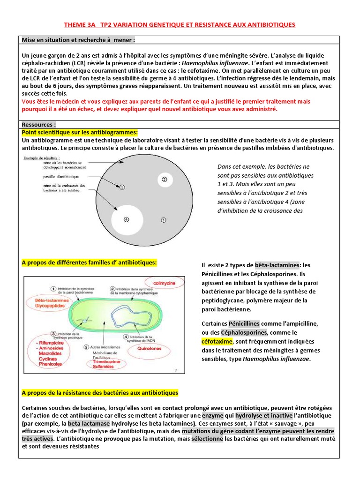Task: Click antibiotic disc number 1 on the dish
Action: [121, 187]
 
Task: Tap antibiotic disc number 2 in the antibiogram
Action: [164, 179]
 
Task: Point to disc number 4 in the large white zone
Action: [126, 219]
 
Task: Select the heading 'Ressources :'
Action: [39, 125]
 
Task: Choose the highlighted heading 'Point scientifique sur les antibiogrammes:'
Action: [80, 133]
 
